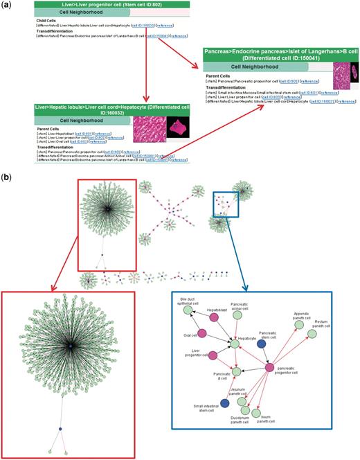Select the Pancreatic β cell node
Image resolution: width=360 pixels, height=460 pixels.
click(x=237, y=371)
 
